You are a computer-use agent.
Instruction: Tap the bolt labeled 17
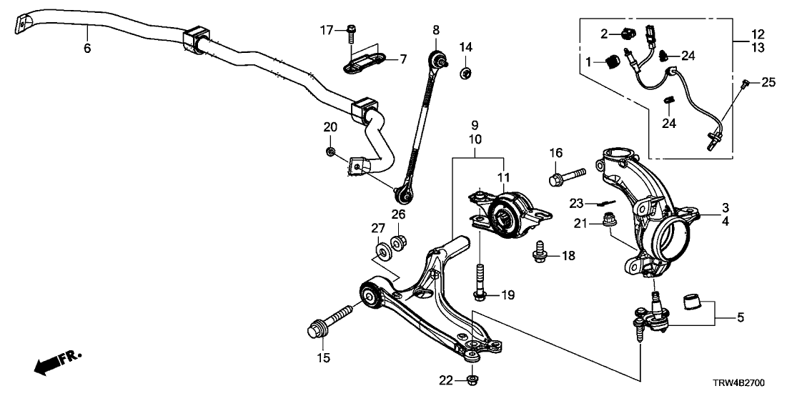(350, 29)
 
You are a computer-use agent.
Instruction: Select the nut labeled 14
(465, 71)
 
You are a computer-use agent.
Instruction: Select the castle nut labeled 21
(610, 221)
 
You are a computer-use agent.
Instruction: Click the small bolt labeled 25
(746, 85)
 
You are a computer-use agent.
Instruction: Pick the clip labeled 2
(629, 33)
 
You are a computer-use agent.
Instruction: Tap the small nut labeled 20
(331, 151)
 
